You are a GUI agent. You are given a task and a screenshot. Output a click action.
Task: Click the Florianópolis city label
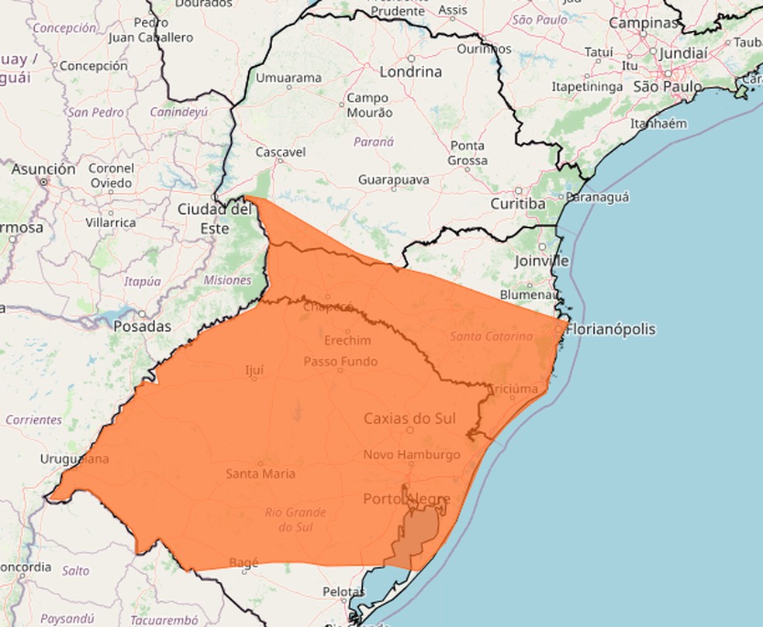pos(611,329)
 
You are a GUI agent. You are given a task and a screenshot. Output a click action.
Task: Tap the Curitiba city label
pos(517,204)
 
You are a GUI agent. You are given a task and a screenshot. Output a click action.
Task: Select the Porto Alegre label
pos(406,499)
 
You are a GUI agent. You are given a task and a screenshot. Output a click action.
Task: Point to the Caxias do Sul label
pos(410,419)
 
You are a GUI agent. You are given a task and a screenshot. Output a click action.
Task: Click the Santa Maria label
pos(260,474)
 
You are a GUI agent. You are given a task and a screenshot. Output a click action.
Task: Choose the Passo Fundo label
pos(340,361)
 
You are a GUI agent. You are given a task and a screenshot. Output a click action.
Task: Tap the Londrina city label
pos(410,72)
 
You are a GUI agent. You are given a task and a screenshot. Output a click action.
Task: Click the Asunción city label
pos(43,169)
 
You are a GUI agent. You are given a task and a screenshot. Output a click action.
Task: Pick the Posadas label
pos(142,326)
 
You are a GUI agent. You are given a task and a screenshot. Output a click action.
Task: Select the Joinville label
pos(541,261)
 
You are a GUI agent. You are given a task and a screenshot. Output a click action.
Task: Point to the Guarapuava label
pos(393,179)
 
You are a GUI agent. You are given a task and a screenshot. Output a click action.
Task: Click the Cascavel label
pos(280,152)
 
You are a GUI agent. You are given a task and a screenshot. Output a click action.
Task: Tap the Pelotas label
pos(343,592)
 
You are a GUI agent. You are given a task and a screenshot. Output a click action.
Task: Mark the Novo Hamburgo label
pos(412,455)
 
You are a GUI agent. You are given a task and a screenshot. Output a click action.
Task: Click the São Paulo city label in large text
pos(668,87)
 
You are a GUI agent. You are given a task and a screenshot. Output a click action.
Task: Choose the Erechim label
pos(347,340)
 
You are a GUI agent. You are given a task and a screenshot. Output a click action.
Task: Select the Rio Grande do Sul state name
pos(295,520)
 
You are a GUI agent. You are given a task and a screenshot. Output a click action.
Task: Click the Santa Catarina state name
pos(491,336)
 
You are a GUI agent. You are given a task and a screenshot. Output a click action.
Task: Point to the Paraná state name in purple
pos(374,142)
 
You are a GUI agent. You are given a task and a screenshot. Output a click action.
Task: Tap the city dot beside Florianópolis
pos(558,329)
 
